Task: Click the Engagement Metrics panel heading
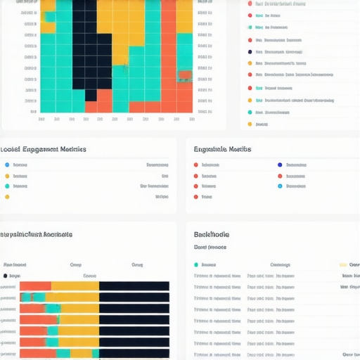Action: [44, 149]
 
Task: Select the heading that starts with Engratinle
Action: [223, 149]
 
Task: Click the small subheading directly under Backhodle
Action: [210, 247]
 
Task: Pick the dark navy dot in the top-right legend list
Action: [250, 51]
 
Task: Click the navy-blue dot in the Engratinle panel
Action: [280, 165]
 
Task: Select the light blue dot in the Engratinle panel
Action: [280, 186]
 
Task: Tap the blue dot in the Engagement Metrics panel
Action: [7, 165]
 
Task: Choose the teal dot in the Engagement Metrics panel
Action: [7, 186]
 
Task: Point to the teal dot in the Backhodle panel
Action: [196, 265]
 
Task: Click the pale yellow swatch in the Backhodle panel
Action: [343, 265]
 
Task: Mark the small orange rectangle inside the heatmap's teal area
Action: [185, 75]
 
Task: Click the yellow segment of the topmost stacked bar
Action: [75, 286]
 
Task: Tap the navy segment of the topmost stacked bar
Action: [134, 286]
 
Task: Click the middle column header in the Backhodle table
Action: [280, 265]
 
